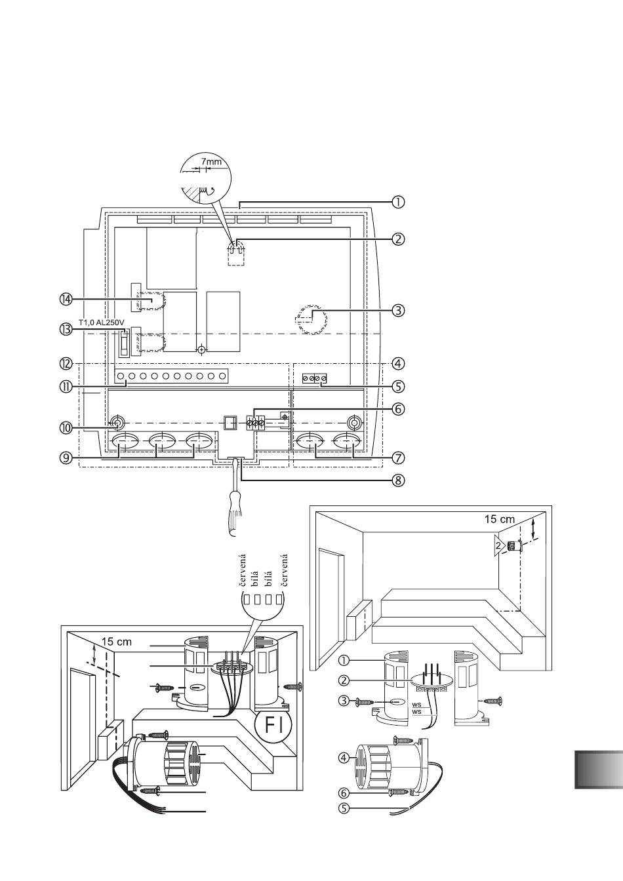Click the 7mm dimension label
point(211,162)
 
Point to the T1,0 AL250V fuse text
point(102,323)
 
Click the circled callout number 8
point(398,480)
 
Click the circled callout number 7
point(398,458)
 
